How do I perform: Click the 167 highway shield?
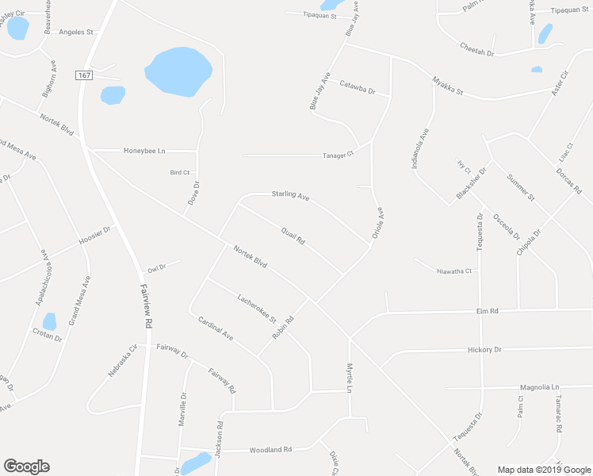point(84,75)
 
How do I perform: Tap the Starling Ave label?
point(290,194)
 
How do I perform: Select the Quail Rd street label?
point(293,236)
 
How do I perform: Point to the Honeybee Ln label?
point(144,150)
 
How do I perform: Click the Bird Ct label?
point(180,172)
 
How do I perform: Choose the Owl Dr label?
point(156,268)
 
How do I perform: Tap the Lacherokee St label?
point(256,309)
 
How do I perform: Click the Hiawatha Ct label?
point(454,271)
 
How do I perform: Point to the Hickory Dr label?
point(485,349)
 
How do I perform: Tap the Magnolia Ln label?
point(529,387)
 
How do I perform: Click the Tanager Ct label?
point(337,155)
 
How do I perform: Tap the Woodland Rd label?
point(271,450)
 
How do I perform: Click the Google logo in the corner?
point(26,466)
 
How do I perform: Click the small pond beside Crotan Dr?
point(50,321)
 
